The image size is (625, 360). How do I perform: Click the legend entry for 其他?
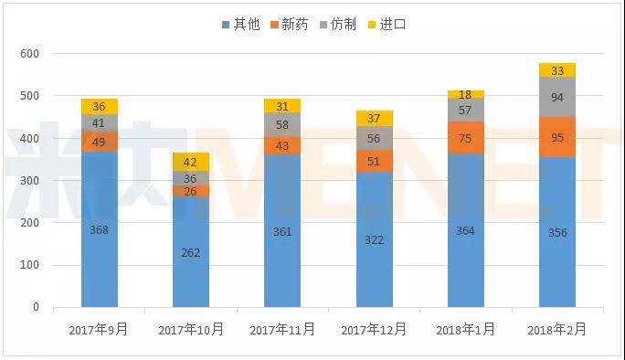point(240,25)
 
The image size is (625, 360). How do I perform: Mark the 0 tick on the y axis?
point(36,307)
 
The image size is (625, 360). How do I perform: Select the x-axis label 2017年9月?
point(99,329)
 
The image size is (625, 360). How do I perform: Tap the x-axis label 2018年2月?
point(556,329)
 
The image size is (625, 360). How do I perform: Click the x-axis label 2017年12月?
point(374,329)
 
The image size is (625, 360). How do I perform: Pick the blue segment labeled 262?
point(191,252)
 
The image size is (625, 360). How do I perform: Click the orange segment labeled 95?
point(556,138)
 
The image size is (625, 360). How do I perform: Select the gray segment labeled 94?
point(556,98)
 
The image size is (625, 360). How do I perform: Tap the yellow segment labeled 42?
point(191,162)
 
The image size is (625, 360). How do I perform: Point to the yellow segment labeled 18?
point(465,94)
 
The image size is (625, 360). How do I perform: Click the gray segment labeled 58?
point(282,124)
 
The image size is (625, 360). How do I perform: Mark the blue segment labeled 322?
point(374,239)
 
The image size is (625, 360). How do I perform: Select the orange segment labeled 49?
point(99,142)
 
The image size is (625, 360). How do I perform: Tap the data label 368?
point(99,230)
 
